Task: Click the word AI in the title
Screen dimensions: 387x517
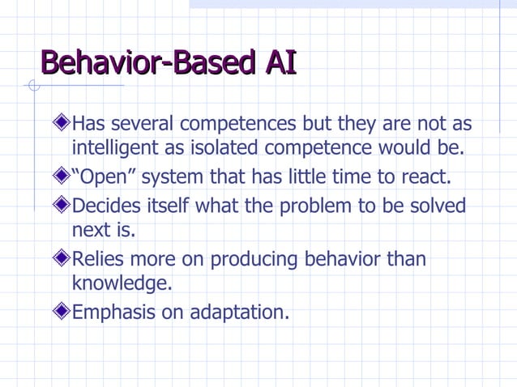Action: pos(280,62)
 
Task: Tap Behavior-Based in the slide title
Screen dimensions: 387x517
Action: pos(147,62)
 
